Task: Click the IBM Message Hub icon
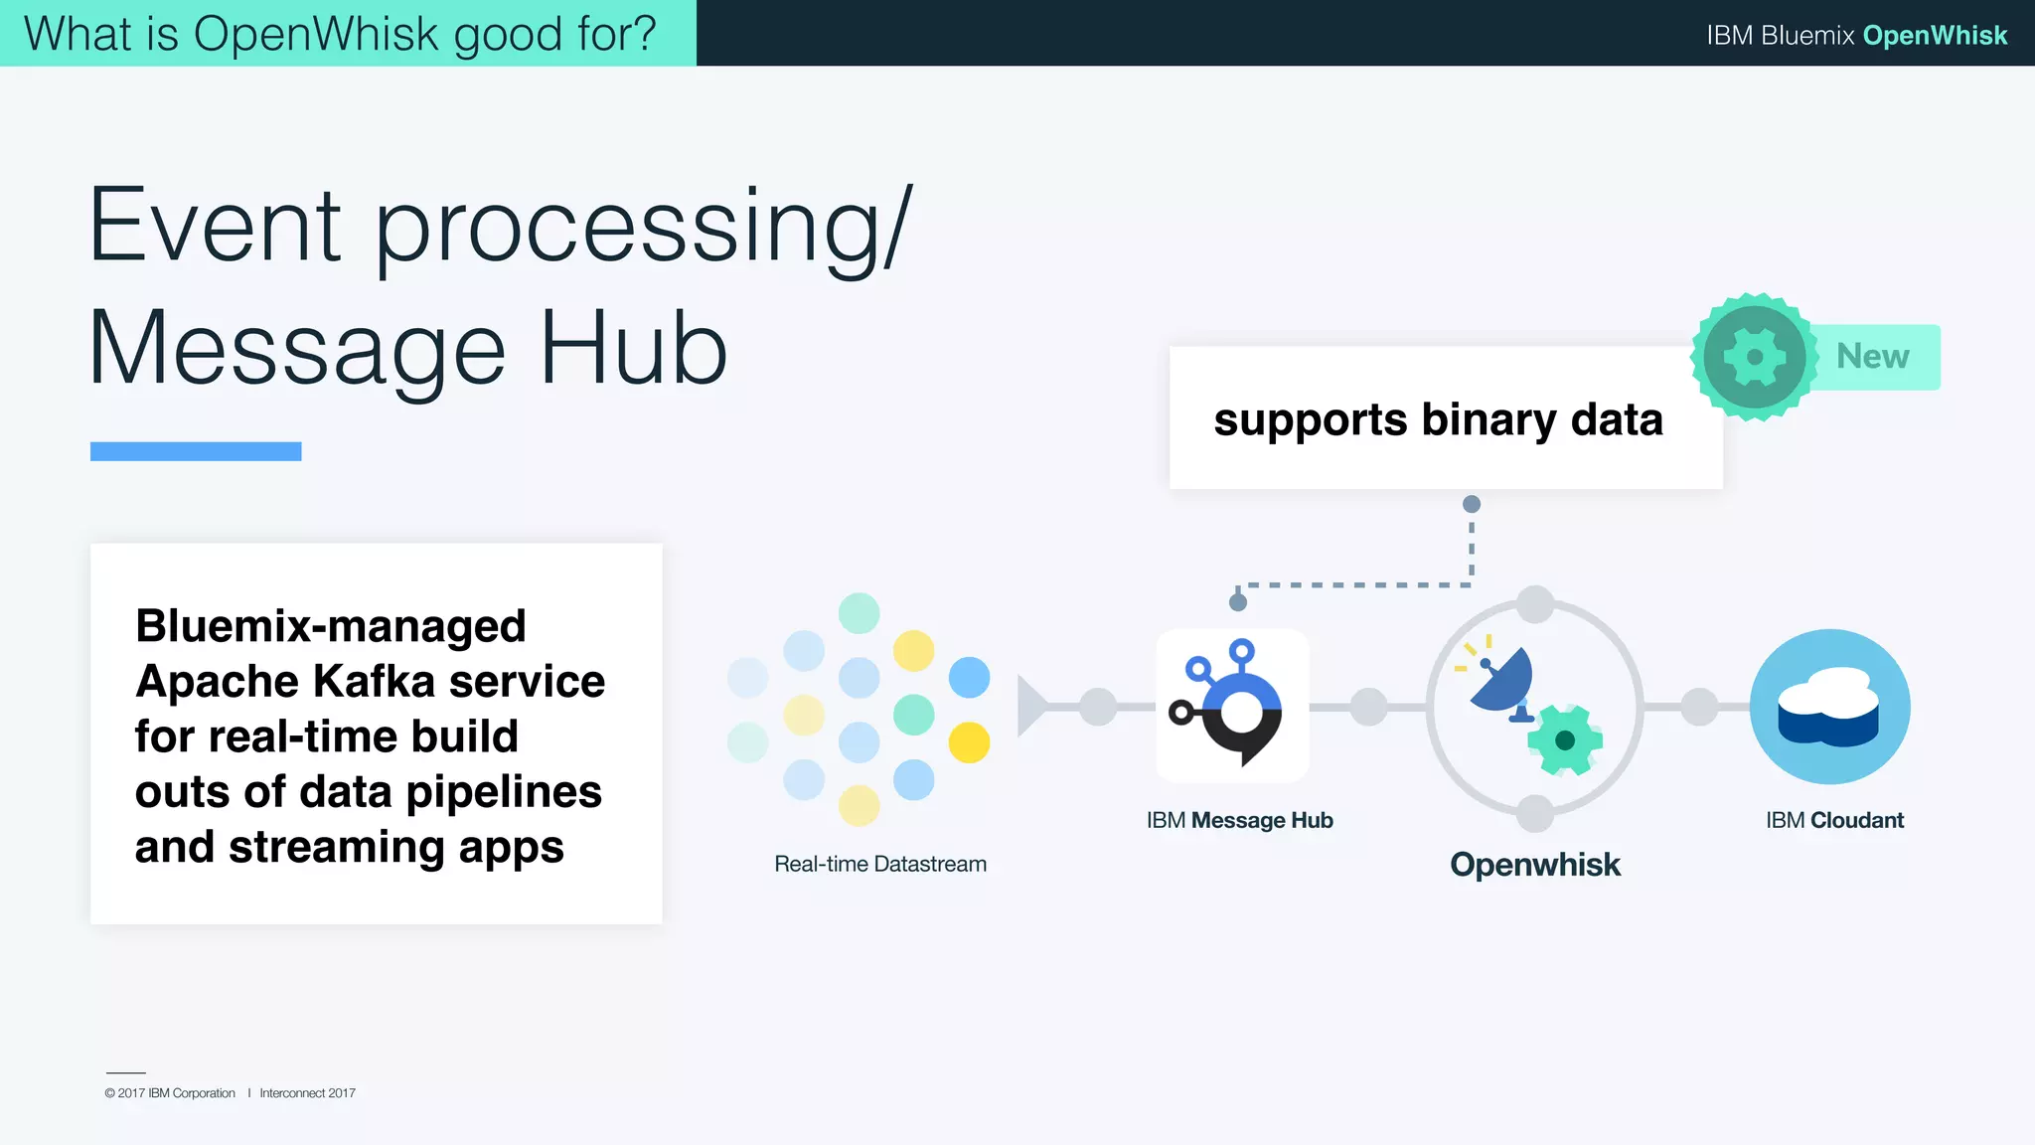tap(1232, 705)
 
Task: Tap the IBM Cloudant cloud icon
tap(1829, 707)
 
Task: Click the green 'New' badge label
tap(1873, 356)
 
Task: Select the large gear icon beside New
tap(1754, 357)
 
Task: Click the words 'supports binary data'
tap(1437, 419)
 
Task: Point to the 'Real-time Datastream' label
tap(879, 864)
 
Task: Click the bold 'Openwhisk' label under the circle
tap(1534, 865)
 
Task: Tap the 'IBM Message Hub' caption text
tap(1239, 820)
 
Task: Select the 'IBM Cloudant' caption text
tap(1834, 820)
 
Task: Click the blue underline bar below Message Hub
tap(196, 451)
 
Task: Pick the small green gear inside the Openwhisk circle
tap(1564, 739)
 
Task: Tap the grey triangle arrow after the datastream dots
tap(1030, 706)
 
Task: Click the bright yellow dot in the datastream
tap(969, 742)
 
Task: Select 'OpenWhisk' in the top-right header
tap(1934, 35)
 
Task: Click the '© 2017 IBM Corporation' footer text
tap(170, 1093)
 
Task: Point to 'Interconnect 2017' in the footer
tap(307, 1093)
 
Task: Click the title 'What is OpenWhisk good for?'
tap(340, 34)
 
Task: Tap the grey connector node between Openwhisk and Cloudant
tap(1699, 707)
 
